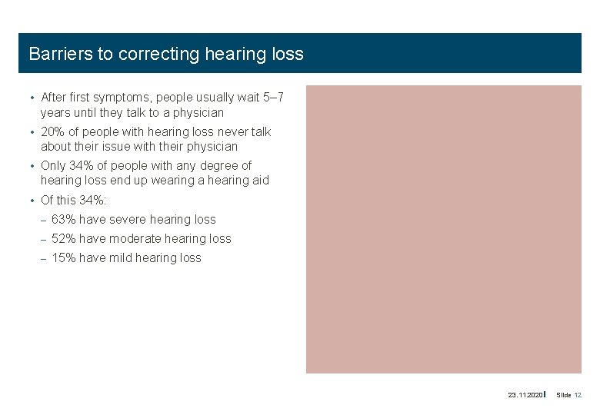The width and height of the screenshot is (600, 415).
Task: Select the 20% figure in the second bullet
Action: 53,131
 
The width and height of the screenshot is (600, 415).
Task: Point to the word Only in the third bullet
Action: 53,165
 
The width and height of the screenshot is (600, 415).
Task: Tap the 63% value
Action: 64,219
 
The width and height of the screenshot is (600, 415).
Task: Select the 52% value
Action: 64,238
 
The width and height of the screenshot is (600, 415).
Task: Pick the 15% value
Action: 64,258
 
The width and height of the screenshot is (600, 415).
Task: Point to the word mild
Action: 121,258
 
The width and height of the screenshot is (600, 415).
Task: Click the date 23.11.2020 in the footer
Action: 525,395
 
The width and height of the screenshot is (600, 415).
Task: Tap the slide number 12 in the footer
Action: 578,395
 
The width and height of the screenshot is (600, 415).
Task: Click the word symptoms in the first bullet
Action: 118,98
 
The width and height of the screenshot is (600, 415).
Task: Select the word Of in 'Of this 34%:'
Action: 47,200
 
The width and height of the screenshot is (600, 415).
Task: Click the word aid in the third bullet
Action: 260,180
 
